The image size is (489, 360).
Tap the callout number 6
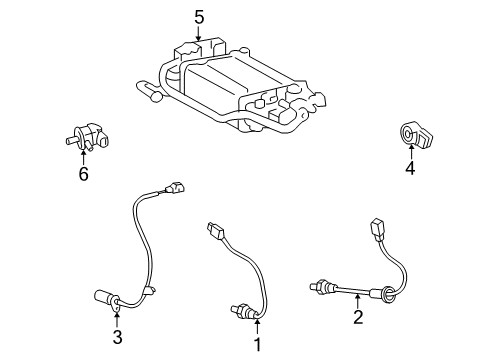[83, 175]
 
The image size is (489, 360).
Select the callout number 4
[409, 169]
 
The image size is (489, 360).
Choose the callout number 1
[256, 345]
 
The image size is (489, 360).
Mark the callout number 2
[357, 319]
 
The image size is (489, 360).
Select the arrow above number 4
[409, 151]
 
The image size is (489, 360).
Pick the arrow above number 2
[357, 301]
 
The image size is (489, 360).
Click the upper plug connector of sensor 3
[176, 187]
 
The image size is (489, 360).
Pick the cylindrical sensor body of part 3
[108, 297]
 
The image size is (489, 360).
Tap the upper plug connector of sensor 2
[378, 227]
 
